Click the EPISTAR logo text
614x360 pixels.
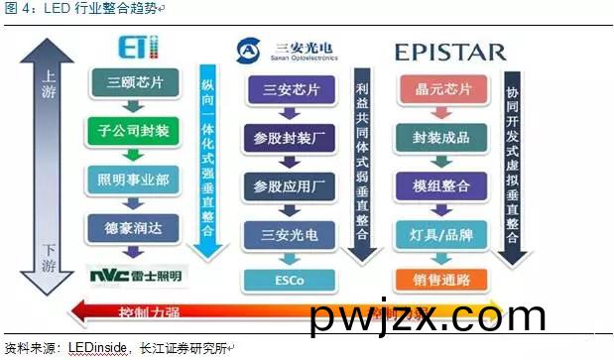(452, 51)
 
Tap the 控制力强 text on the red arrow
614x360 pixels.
(148, 311)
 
